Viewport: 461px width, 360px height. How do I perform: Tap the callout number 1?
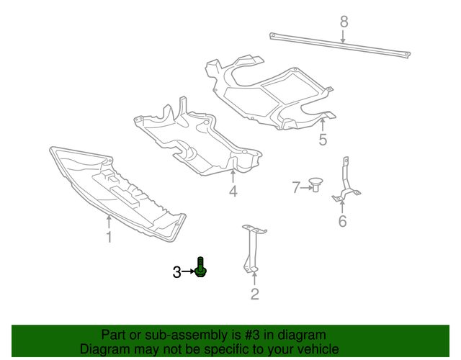click(109, 237)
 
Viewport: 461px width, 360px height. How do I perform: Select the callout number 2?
click(254, 294)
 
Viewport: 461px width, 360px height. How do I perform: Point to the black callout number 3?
click(176, 271)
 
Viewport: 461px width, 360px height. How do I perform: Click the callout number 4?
click(233, 192)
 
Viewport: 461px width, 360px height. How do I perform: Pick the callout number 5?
click(323, 140)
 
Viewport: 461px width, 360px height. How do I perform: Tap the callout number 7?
click(295, 188)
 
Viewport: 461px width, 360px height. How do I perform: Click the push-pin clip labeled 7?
click(316, 184)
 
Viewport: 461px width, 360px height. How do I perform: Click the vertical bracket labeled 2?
click(252, 248)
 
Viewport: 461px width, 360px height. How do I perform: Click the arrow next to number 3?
click(189, 271)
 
